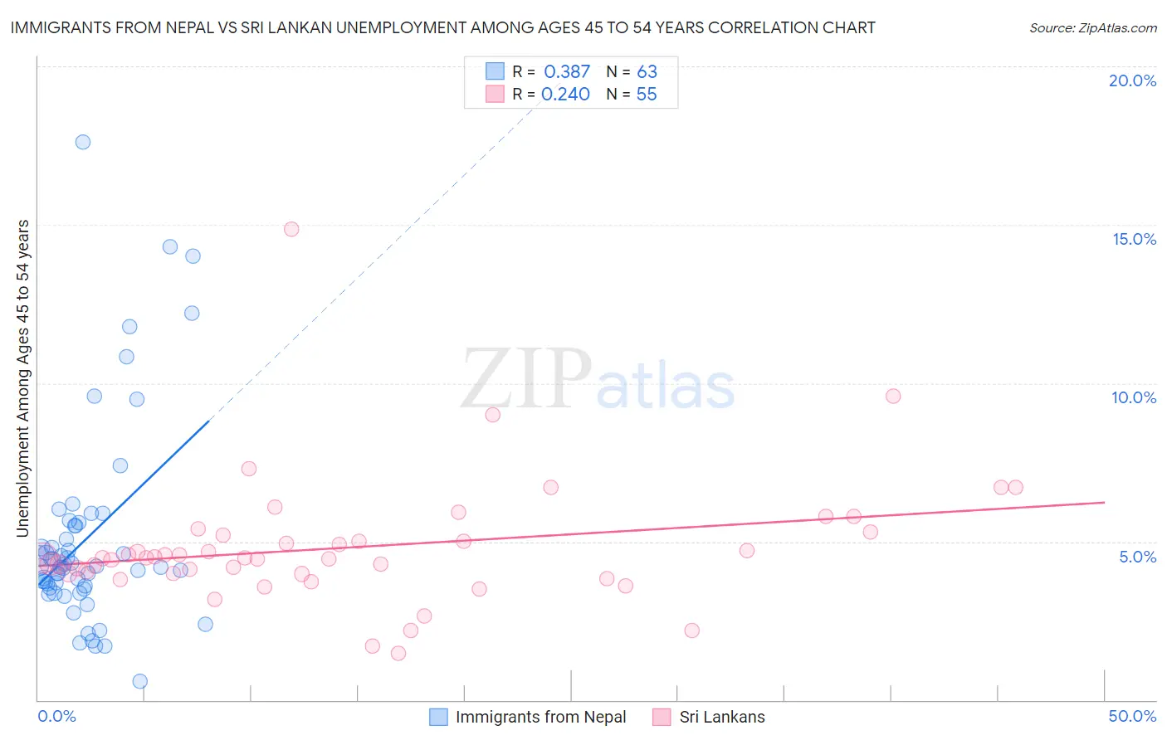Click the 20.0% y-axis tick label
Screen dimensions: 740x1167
point(1132,80)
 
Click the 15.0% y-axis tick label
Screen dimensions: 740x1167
point(1134,239)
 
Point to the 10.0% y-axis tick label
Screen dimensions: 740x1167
point(1134,397)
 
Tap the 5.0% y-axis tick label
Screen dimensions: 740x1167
point(1137,557)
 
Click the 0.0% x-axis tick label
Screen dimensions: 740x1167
point(56,716)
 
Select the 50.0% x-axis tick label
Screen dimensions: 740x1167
point(1132,716)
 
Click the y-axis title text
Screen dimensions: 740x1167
point(22,378)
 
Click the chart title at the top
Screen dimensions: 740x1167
point(442,28)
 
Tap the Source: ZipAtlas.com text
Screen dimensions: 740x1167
point(1092,28)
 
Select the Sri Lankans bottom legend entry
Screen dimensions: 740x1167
point(721,717)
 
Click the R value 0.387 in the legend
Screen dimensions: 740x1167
point(567,72)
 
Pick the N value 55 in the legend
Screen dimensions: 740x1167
point(647,95)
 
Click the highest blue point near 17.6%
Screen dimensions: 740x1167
point(83,142)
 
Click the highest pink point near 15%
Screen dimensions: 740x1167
point(291,229)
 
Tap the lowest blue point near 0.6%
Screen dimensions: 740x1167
point(140,681)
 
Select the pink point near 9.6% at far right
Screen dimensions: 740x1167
point(893,396)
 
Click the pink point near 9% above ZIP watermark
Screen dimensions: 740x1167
point(493,415)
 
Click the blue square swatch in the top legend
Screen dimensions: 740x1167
point(496,71)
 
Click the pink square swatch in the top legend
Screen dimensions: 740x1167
point(496,94)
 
